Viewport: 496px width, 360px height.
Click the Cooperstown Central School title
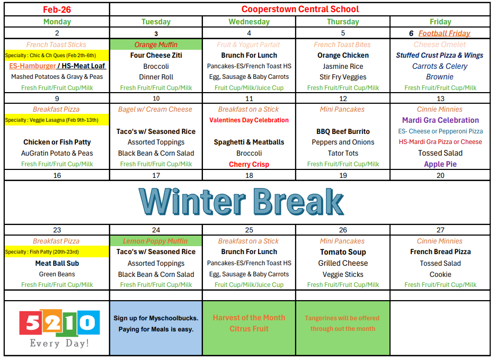coord(300,9)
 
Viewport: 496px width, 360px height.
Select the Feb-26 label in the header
coord(57,10)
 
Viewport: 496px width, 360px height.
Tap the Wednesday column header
coord(249,22)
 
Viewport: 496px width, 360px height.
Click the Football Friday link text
coord(444,33)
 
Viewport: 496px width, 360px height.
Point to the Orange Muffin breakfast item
coord(156,44)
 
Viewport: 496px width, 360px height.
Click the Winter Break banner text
coord(241,202)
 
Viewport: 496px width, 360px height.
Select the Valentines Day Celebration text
coord(249,120)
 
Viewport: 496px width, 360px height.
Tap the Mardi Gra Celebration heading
coord(440,120)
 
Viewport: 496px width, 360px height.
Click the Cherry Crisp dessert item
coord(249,164)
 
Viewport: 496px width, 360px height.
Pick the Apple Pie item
coord(440,164)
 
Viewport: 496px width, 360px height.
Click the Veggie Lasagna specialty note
coord(52,120)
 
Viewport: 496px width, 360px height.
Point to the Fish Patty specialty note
coord(42,252)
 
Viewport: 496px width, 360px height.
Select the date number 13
coord(440,98)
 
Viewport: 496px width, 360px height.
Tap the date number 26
coord(343,230)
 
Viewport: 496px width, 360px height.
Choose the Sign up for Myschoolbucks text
coord(156,318)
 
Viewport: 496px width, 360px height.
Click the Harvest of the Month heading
coord(249,318)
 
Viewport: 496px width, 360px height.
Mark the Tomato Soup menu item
coord(343,252)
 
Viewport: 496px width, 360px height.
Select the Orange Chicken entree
coord(343,55)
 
